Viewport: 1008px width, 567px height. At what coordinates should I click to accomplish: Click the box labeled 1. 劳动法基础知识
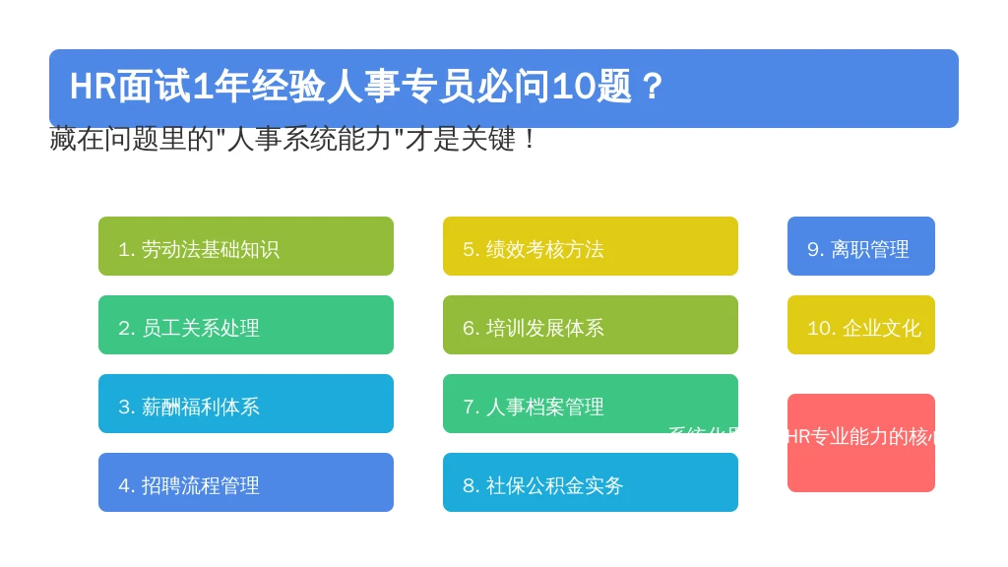point(246,246)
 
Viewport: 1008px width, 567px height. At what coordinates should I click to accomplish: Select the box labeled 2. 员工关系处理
point(246,325)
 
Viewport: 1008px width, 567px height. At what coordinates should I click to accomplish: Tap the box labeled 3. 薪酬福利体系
point(246,404)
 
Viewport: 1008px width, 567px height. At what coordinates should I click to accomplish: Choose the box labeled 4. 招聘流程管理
point(246,482)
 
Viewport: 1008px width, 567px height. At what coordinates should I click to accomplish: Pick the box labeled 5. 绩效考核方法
point(591,246)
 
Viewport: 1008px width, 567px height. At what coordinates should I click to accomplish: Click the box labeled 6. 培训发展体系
point(591,325)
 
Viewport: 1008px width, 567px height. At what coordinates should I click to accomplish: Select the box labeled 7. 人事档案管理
point(591,404)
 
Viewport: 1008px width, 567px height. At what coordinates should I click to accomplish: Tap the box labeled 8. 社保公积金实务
point(591,482)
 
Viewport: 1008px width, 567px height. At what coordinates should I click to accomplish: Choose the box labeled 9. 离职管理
point(861,246)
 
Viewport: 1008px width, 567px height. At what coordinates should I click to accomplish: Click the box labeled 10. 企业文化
point(861,325)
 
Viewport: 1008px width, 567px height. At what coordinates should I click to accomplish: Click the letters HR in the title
point(93,87)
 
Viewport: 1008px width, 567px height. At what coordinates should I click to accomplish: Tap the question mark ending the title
point(652,87)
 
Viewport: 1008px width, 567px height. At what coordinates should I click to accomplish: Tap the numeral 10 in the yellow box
point(819,328)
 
